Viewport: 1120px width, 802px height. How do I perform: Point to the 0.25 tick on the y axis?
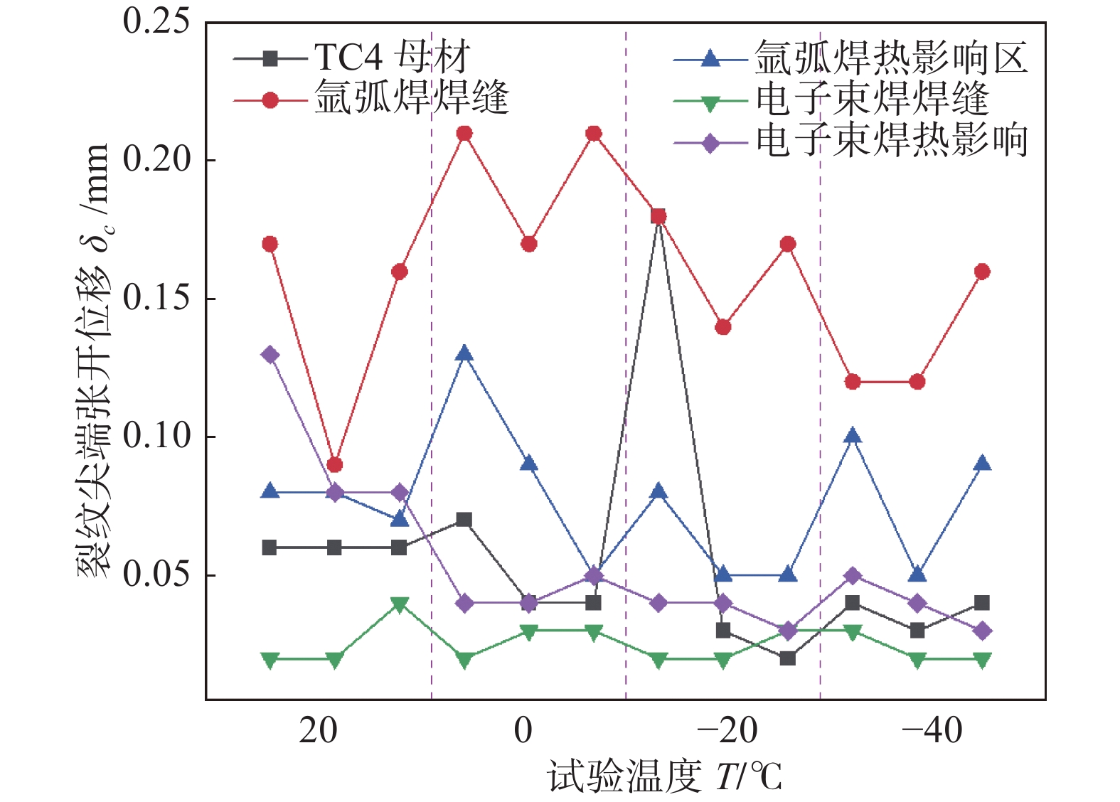pos(156,21)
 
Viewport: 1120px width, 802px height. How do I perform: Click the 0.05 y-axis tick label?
pos(156,574)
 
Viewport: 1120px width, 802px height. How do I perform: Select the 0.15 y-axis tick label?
pos(156,298)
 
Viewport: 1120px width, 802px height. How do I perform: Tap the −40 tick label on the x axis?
pos(932,730)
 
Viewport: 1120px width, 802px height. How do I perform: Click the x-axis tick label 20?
pos(318,730)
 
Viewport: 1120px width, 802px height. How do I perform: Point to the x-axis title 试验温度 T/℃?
pos(664,776)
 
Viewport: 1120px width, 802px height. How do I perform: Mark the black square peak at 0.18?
pos(658,216)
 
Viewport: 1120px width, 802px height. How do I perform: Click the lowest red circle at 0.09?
pos(335,465)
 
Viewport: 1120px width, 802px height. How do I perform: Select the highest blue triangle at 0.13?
pos(464,353)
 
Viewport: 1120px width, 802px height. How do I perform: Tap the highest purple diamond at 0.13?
pos(270,355)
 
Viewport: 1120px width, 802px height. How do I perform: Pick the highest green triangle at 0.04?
pos(400,604)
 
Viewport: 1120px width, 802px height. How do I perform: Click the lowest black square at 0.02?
pos(787,658)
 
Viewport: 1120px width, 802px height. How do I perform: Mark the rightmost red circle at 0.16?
pos(982,272)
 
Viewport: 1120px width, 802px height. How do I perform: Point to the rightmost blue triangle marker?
pos(982,464)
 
